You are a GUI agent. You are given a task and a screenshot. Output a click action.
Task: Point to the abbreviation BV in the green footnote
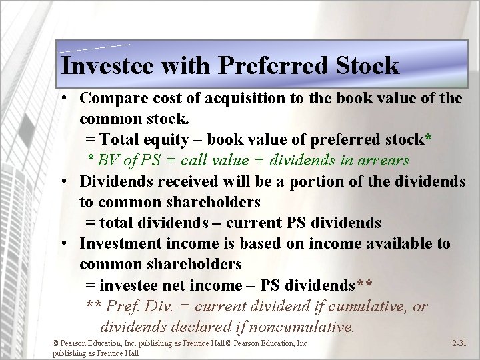pyautogui.click(x=108, y=161)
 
